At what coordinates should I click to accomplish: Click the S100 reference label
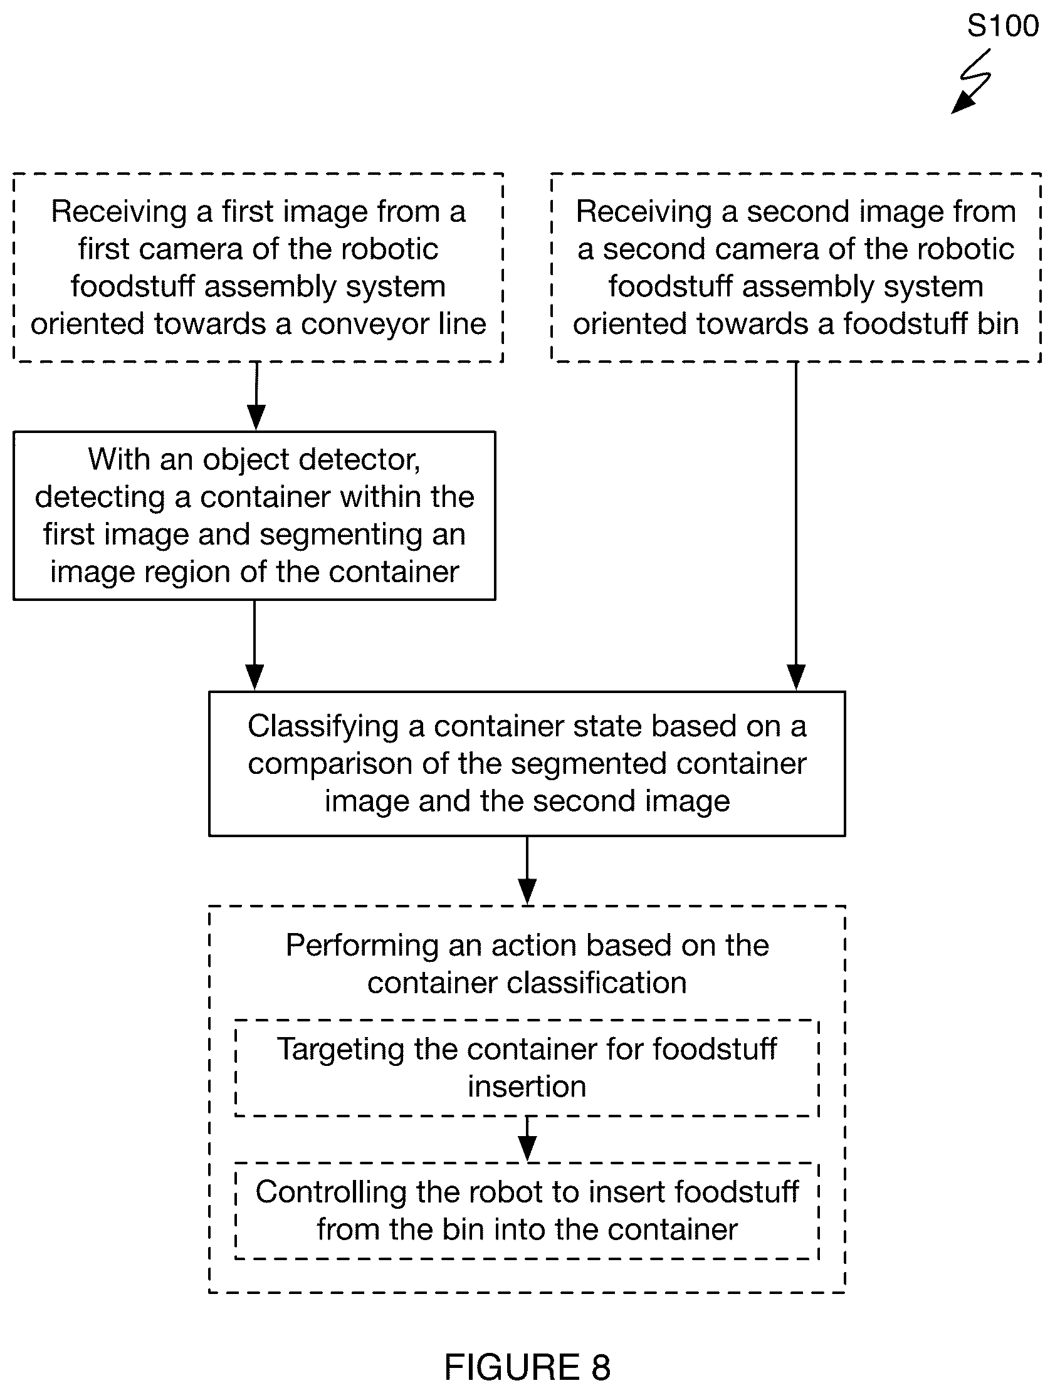(x=1003, y=26)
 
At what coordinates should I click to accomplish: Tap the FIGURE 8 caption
(x=527, y=1367)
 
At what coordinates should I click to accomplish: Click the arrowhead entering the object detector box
(x=256, y=417)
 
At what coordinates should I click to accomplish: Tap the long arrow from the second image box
(x=796, y=526)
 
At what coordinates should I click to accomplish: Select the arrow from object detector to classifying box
(x=255, y=645)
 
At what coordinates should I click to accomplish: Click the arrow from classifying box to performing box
(x=527, y=871)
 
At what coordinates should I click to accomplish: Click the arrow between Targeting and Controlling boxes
(x=527, y=1139)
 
